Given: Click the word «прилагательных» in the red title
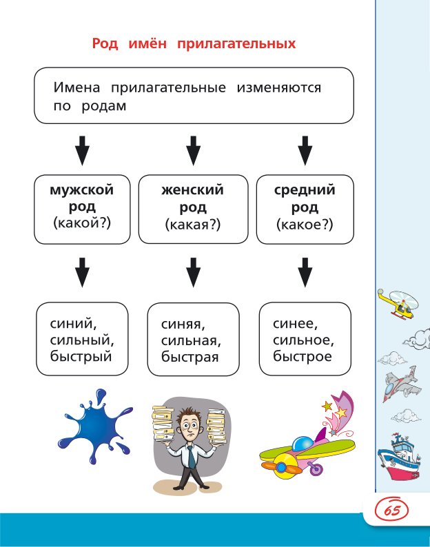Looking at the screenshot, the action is point(236,44).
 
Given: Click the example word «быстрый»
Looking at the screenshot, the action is point(81,356).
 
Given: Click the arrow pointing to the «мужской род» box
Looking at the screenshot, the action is point(82,149).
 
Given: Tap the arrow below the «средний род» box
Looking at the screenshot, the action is point(305,271).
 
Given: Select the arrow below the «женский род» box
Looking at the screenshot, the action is point(194,271).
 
